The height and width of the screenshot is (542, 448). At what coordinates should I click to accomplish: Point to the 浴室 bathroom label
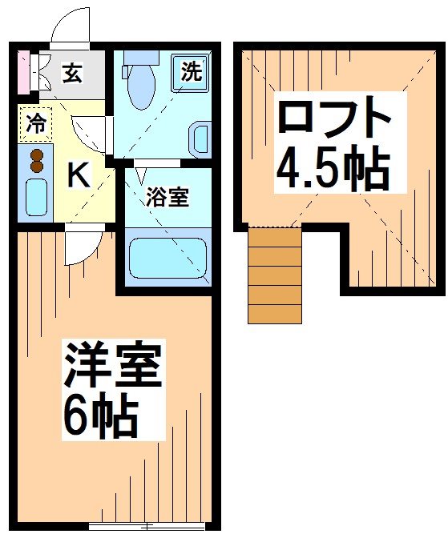167,197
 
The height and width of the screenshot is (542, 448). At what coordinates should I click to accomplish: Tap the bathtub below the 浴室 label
167,256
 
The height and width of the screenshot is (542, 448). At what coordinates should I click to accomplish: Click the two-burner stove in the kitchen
37,159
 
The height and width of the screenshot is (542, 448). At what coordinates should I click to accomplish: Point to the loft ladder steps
274,275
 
